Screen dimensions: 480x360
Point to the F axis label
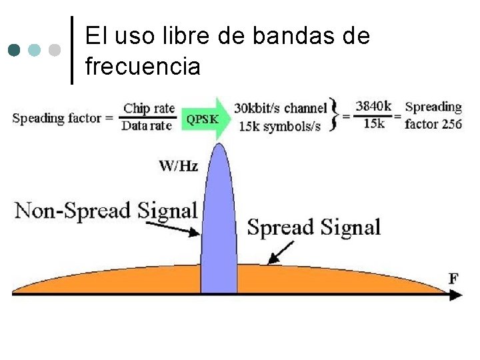[x=453, y=277]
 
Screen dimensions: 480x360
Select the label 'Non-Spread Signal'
[x=106, y=211]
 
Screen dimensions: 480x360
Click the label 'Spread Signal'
[x=313, y=227]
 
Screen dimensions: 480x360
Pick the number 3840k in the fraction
[x=373, y=106]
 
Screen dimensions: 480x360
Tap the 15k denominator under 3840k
[x=373, y=124]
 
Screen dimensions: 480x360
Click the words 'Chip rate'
[x=149, y=108]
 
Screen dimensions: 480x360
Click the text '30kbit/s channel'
[x=281, y=108]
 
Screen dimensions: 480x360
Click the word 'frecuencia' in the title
[x=143, y=66]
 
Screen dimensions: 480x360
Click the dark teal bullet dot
[x=15, y=50]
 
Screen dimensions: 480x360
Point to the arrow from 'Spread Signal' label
[x=282, y=252]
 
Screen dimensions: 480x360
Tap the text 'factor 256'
[x=433, y=124]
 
